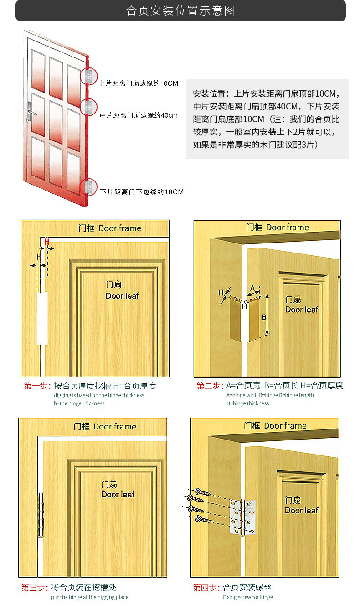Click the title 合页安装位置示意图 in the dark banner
click(x=180, y=11)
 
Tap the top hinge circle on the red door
click(x=88, y=76)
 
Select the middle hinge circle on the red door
click(x=88, y=107)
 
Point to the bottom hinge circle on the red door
click(x=88, y=187)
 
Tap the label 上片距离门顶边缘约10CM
click(x=139, y=83)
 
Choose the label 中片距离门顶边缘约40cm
click(x=139, y=115)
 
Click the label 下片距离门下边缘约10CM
click(x=142, y=192)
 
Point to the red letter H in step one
click(x=47, y=242)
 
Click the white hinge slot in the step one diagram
click(x=42, y=318)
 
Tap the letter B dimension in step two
click(x=264, y=317)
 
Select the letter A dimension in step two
click(x=252, y=288)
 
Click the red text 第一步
click(x=37, y=386)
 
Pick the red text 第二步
click(x=210, y=385)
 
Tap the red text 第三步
click(x=35, y=587)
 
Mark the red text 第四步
click(x=207, y=587)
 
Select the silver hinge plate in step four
click(x=242, y=517)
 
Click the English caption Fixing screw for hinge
click(x=248, y=597)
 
